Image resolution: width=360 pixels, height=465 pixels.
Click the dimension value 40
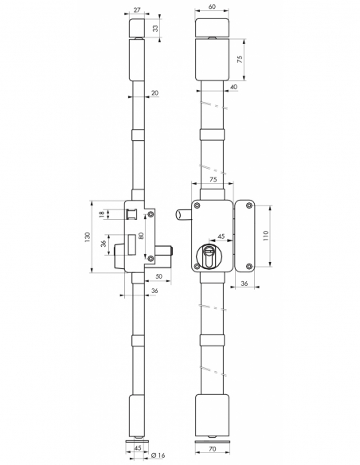tap(233, 86)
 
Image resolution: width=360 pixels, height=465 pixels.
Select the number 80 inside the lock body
tap(140, 236)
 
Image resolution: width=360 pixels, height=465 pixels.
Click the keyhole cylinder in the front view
tap(211, 256)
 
